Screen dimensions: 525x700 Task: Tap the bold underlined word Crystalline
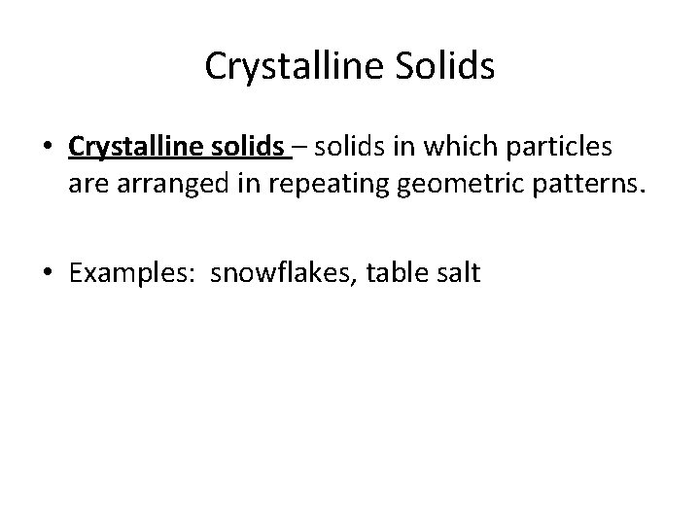pos(142,147)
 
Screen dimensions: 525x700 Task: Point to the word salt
pos(457,272)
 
